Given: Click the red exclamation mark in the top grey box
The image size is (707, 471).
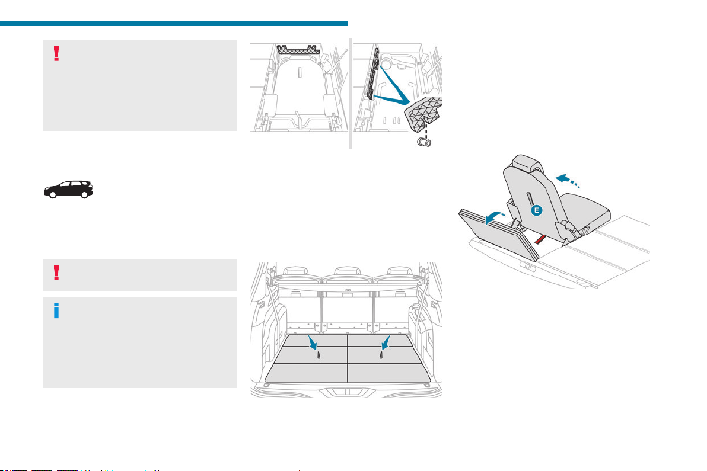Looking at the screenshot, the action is click(56, 53).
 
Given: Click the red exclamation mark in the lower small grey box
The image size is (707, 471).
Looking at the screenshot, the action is click(56, 273).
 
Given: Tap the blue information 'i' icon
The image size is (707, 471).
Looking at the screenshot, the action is click(56, 310).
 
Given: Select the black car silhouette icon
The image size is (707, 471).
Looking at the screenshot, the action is click(69, 190).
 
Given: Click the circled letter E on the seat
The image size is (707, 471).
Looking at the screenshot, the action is click(536, 210).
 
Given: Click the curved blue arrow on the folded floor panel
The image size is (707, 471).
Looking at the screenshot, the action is click(495, 219).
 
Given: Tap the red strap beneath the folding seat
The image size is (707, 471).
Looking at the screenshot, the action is click(540, 239).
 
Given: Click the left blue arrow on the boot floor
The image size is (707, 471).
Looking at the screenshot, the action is click(313, 343).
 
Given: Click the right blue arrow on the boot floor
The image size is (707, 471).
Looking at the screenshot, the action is click(385, 343).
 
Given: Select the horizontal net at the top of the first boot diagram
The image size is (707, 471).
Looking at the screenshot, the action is click(298, 50).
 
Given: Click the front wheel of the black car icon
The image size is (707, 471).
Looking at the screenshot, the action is click(53, 194).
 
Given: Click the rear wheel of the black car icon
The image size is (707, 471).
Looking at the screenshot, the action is click(84, 194).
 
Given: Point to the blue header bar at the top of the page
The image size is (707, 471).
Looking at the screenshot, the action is click(174, 24).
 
